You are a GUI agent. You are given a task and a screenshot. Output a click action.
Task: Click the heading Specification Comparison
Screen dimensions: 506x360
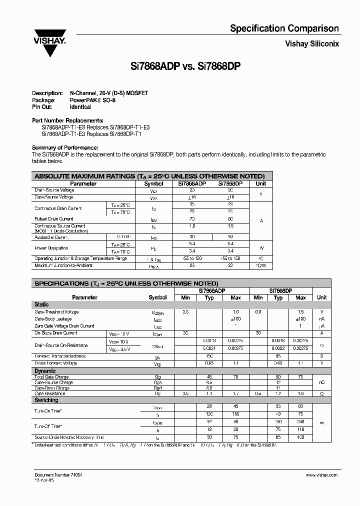[x=284, y=28]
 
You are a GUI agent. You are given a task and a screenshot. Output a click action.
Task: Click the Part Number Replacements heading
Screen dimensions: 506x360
[x=67, y=120]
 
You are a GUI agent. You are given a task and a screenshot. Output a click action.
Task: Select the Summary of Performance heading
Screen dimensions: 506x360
[x=65, y=147]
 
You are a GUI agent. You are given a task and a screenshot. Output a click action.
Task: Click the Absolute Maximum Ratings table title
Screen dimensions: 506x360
[x=149, y=176]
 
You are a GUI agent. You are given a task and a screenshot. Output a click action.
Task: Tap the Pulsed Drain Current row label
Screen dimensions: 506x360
[x=54, y=219]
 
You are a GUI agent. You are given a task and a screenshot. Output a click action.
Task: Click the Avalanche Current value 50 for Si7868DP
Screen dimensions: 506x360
[x=230, y=236]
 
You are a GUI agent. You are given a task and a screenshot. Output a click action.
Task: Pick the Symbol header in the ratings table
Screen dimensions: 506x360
[x=153, y=183]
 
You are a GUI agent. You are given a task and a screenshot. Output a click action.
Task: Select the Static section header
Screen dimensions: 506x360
[x=41, y=304]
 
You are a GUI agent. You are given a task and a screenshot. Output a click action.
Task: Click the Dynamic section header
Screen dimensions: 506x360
[x=45, y=371]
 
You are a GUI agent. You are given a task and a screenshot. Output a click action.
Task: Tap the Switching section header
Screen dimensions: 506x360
[x=46, y=400]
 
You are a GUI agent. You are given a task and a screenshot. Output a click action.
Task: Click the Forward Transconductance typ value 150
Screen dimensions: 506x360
[x=209, y=356]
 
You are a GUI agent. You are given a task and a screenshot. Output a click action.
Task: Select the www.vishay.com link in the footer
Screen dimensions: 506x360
[x=322, y=474]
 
